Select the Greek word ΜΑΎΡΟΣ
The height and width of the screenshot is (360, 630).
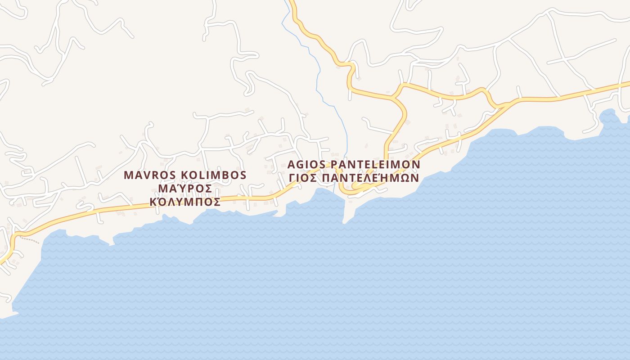[x=186, y=188]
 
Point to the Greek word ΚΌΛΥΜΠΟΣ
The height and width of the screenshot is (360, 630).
[x=185, y=202]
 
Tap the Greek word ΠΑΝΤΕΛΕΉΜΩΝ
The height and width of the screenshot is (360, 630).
[x=369, y=178]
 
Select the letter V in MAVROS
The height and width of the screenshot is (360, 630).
[x=144, y=175]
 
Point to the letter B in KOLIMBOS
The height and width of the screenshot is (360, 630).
[x=227, y=175]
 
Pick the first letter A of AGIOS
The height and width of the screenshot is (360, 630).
[x=291, y=164]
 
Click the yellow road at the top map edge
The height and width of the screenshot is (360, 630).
[x=292, y=4]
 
